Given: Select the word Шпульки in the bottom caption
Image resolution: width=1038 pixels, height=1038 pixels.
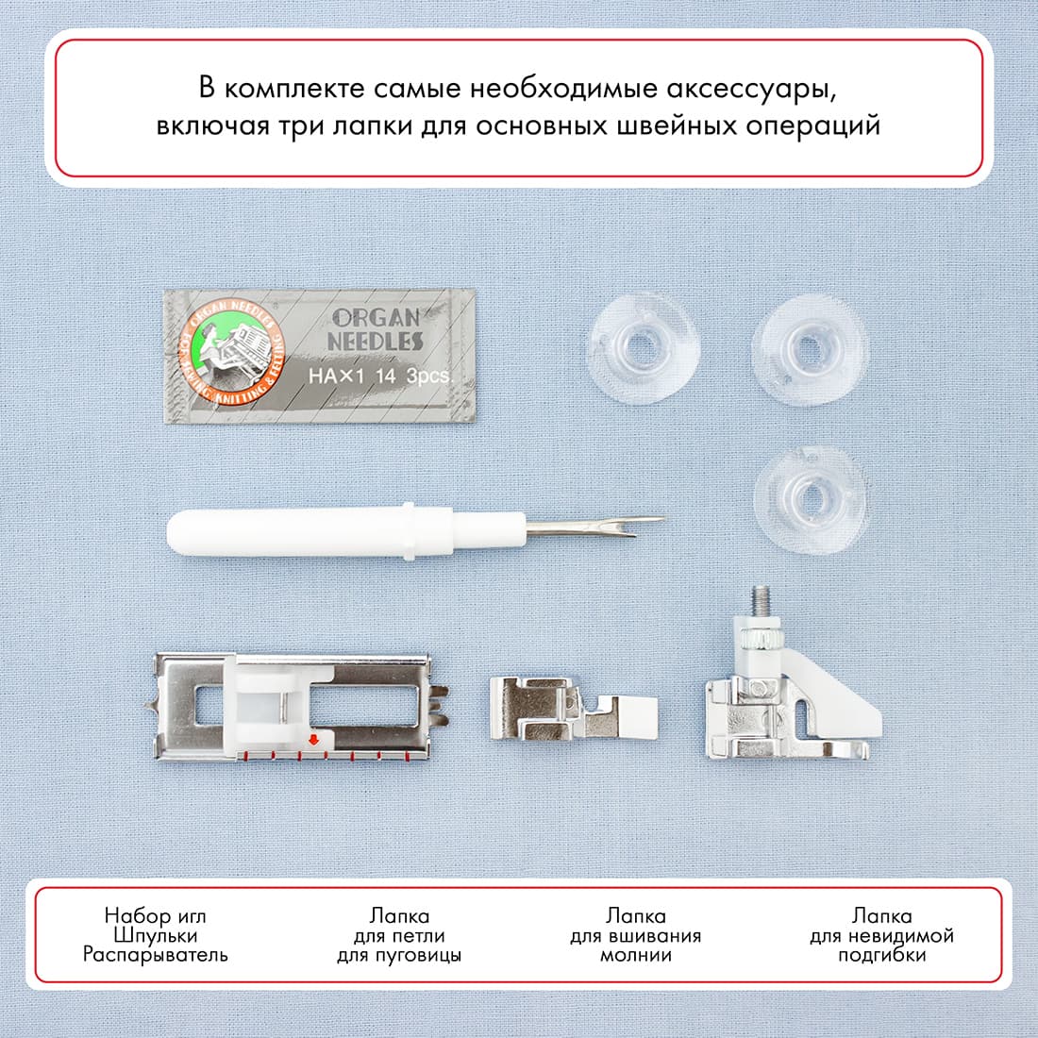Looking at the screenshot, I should [155, 935].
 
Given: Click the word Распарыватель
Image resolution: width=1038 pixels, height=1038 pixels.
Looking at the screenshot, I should [155, 955].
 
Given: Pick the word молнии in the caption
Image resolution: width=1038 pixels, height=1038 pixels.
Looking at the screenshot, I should [636, 955].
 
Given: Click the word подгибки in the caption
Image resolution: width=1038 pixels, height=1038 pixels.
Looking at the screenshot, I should [881, 955].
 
